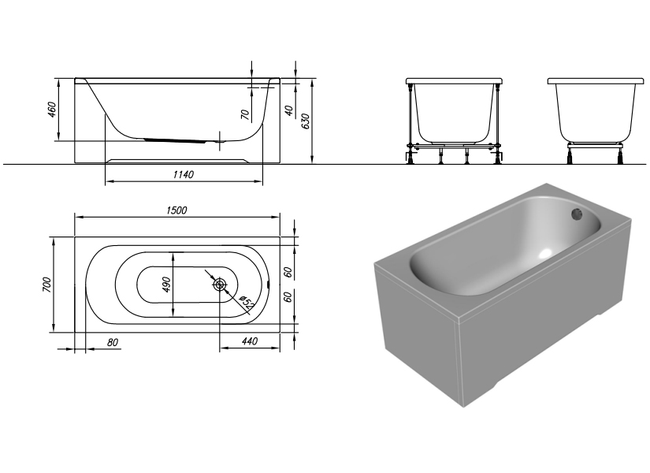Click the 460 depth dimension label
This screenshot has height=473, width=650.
tap(52, 110)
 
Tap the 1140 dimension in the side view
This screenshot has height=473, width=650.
tap(183, 174)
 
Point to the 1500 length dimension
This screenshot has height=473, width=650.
tap(176, 210)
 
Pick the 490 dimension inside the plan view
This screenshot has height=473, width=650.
tap(166, 284)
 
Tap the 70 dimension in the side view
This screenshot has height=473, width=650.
tap(245, 115)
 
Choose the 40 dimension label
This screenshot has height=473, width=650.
tap(288, 111)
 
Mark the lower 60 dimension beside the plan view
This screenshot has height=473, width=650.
tap(288, 297)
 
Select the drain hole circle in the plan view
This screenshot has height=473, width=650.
tap(220, 284)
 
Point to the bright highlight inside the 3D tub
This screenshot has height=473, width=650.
tap(544, 254)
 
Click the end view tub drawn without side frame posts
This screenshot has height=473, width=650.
tap(596, 114)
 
